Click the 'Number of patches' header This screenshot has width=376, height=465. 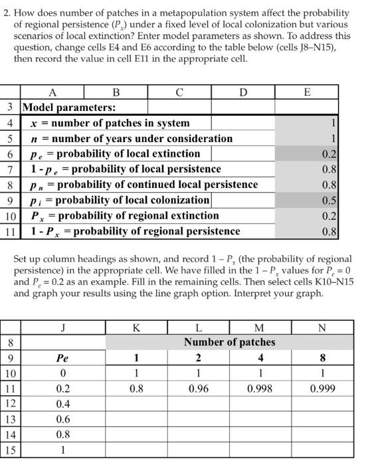pos(229,342)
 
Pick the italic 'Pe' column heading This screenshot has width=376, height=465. pos(62,358)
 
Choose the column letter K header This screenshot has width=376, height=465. pos(136,327)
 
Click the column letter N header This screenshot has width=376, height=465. pos(322,327)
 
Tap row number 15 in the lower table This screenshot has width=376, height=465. pos(10,450)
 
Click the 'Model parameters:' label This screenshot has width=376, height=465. pos(69,107)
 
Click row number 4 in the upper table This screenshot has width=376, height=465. pos(10,123)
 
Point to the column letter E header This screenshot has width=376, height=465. pos(306,92)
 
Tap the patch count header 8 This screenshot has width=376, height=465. pos(322,358)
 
